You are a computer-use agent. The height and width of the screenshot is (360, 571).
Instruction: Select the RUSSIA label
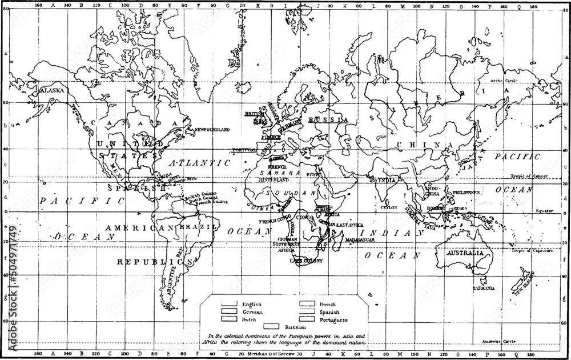(328, 119)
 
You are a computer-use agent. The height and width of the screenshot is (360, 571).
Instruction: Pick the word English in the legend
(252, 304)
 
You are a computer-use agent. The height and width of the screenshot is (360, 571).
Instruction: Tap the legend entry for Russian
(287, 326)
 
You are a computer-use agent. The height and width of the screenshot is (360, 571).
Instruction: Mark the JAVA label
(428, 227)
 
